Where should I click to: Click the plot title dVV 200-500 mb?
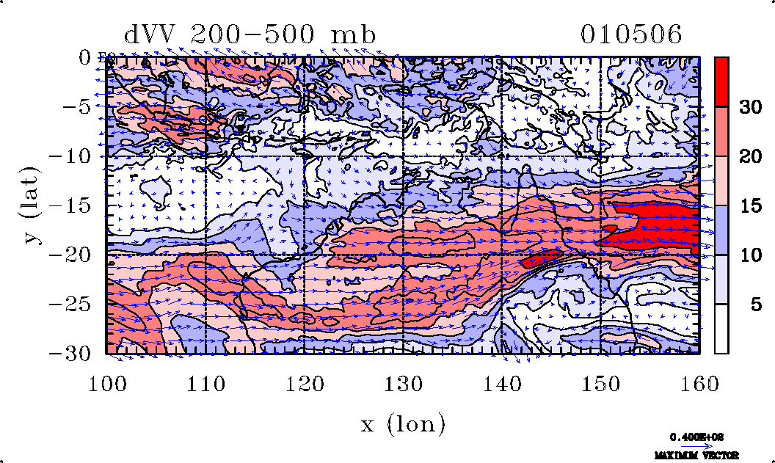[250, 34]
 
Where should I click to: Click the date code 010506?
[632, 34]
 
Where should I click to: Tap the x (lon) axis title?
[403, 423]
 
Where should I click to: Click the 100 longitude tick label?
[107, 382]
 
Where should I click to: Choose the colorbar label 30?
[749, 107]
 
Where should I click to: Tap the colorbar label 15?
[749, 206]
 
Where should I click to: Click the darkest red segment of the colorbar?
[722, 81]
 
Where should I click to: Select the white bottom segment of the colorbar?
[722, 329]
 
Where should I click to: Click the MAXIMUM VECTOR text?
[697, 456]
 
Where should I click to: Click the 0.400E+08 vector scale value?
[697, 437]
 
